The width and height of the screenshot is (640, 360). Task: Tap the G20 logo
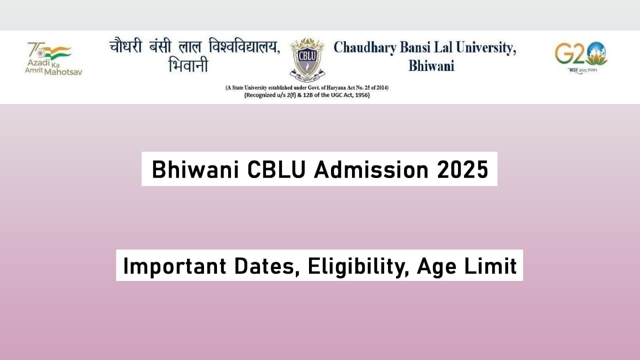pyautogui.click(x=580, y=55)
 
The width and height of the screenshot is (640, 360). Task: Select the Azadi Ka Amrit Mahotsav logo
pyautogui.click(x=53, y=58)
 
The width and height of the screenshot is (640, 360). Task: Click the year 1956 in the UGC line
pyautogui.click(x=361, y=95)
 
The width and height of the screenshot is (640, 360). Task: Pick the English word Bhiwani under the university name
pyautogui.click(x=431, y=66)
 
